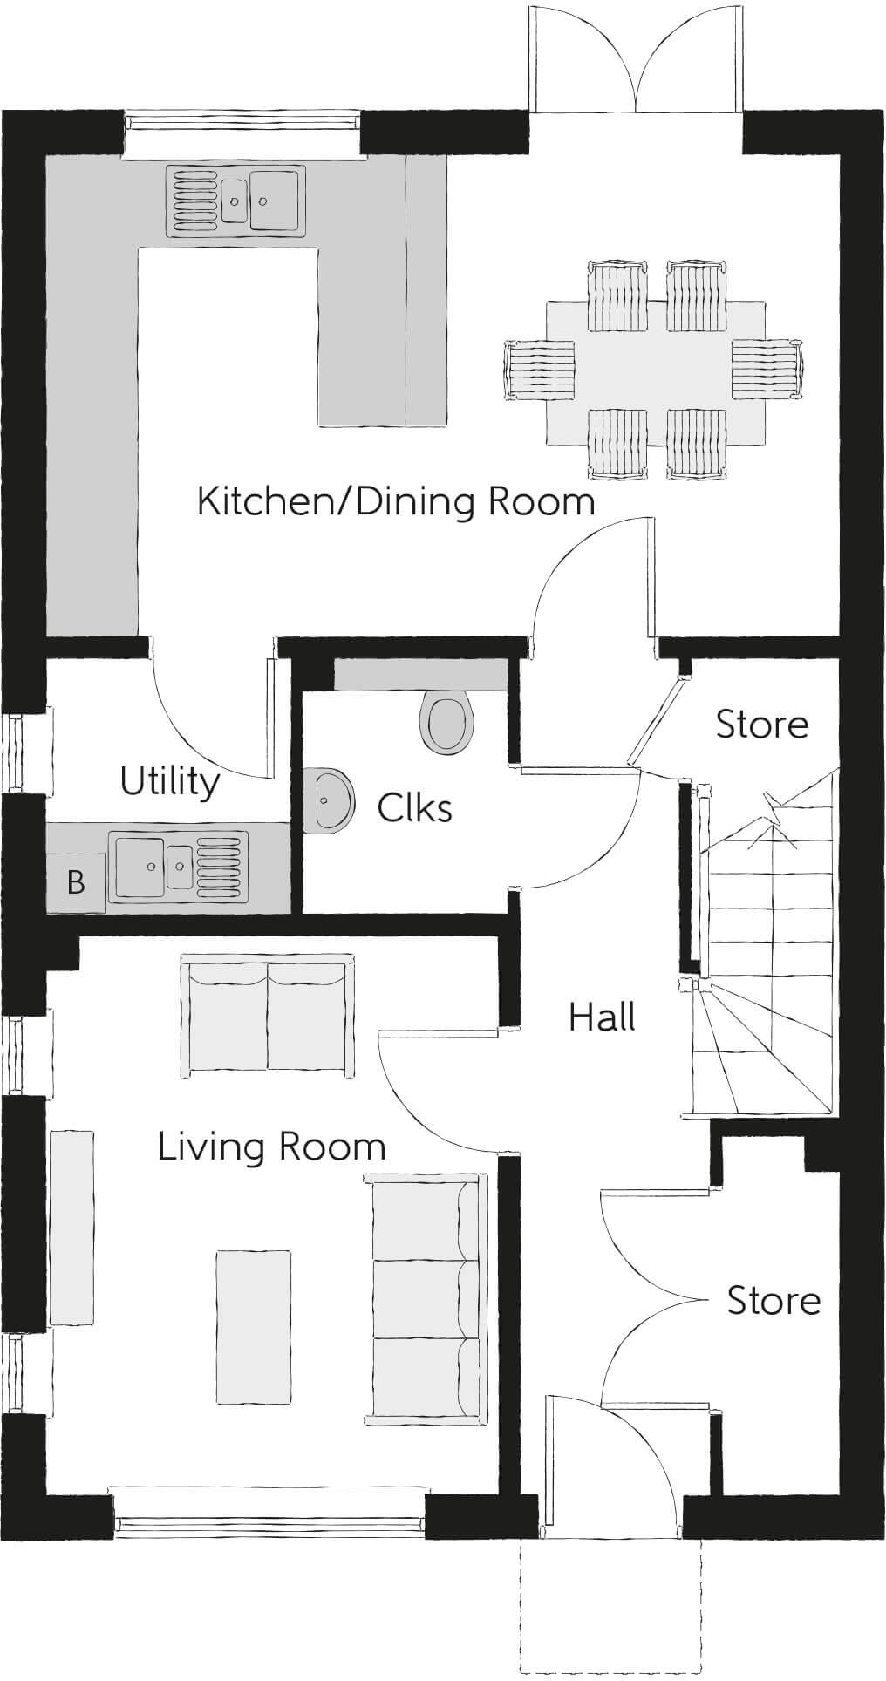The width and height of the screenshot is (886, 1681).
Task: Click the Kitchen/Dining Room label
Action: pos(396,502)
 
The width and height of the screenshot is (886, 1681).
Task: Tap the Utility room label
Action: pos(170,782)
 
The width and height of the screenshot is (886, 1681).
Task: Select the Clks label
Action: pos(414,808)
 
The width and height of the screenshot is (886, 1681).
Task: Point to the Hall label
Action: pos(602,1017)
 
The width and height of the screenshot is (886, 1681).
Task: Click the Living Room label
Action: pos(272,1147)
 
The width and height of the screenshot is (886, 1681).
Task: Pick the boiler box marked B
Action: pos(75,882)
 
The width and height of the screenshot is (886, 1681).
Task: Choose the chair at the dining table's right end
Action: pos(767,367)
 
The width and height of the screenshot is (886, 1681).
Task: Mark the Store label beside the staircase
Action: pos(762,725)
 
